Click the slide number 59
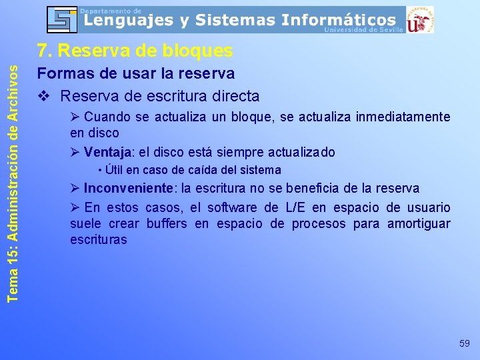pos(465,343)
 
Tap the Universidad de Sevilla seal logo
pos(419,20)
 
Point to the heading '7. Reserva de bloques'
pos(135,51)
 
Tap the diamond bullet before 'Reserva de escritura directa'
pos(45,96)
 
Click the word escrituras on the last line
pos(98,240)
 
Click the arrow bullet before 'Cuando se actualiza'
pos(75,117)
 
